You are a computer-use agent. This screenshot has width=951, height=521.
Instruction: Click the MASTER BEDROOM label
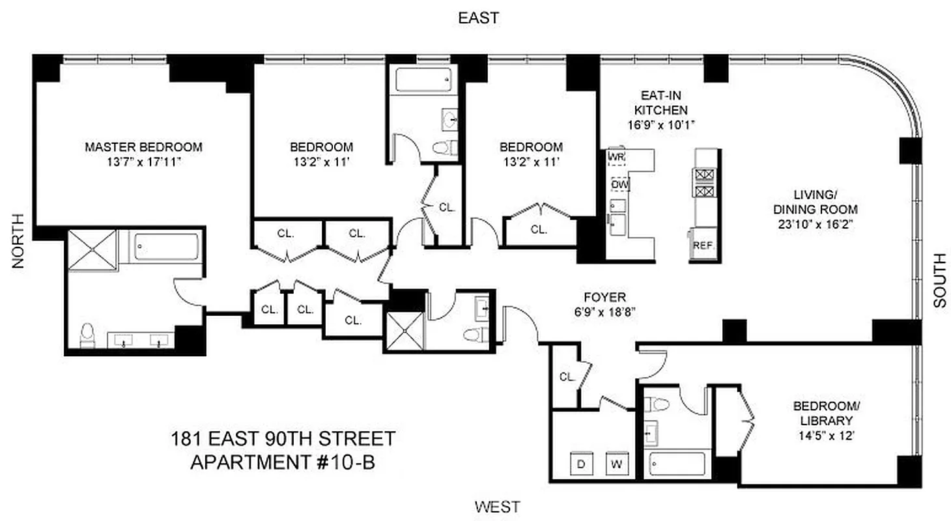coord(143,147)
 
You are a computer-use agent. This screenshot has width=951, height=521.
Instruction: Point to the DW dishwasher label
coord(619,184)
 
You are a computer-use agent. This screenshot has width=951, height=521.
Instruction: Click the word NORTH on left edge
coord(18,241)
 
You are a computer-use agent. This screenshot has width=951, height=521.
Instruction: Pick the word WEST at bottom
coord(497,505)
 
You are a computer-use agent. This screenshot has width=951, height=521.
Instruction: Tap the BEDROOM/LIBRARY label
coord(823,413)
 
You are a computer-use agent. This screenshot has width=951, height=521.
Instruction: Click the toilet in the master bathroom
coord(87,335)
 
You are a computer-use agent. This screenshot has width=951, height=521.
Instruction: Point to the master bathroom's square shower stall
coord(92,248)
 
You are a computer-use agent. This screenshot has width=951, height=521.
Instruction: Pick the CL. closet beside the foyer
coord(567,376)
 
